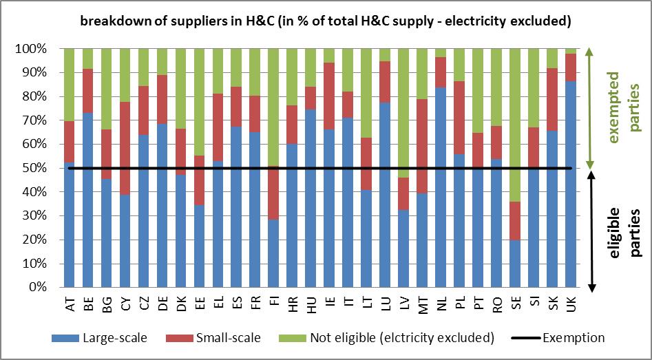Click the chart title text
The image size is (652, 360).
coord(326,21)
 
